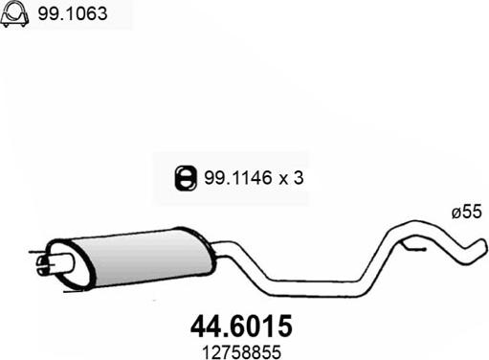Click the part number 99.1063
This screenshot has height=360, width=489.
(73, 13)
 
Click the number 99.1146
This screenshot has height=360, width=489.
(237, 178)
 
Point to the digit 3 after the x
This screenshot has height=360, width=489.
(299, 178)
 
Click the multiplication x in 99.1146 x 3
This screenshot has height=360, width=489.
(283, 179)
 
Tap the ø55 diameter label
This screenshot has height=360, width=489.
(466, 212)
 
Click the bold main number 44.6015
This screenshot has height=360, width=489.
(241, 326)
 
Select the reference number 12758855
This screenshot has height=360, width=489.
(241, 352)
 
